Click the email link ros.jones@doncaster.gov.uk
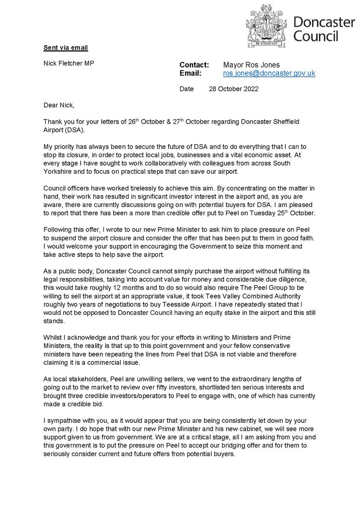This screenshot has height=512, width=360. point(269,73)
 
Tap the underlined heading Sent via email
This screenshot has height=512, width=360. point(66,47)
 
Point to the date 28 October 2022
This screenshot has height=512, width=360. point(233,89)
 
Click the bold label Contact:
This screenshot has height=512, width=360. point(194,65)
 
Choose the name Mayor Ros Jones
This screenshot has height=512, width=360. point(251,65)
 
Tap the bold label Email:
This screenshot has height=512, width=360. point(190,73)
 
